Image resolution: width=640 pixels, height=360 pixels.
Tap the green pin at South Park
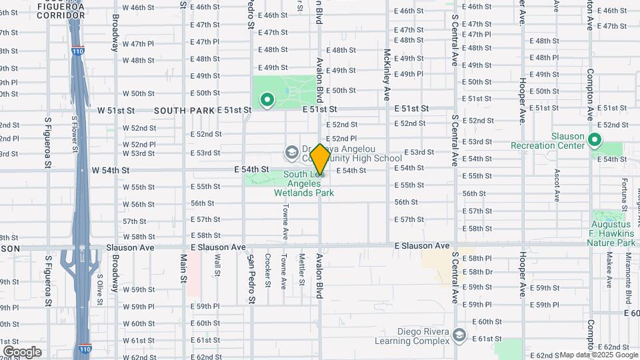click(x=267, y=101)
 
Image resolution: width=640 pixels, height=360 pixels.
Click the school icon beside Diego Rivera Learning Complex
click(x=459, y=335)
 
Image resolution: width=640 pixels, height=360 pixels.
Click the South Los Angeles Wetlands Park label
click(x=304, y=184)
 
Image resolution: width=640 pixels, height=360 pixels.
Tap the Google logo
click(x=22, y=351)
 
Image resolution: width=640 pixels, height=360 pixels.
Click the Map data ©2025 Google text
click(x=598, y=355)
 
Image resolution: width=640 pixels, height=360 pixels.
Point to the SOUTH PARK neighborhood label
click(x=185, y=110)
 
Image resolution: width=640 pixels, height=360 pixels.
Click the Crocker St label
click(x=267, y=269)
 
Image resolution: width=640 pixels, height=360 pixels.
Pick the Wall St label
click(x=217, y=265)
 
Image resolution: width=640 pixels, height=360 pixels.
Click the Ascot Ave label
click(x=557, y=184)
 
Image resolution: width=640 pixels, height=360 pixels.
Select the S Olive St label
click(x=99, y=288)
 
